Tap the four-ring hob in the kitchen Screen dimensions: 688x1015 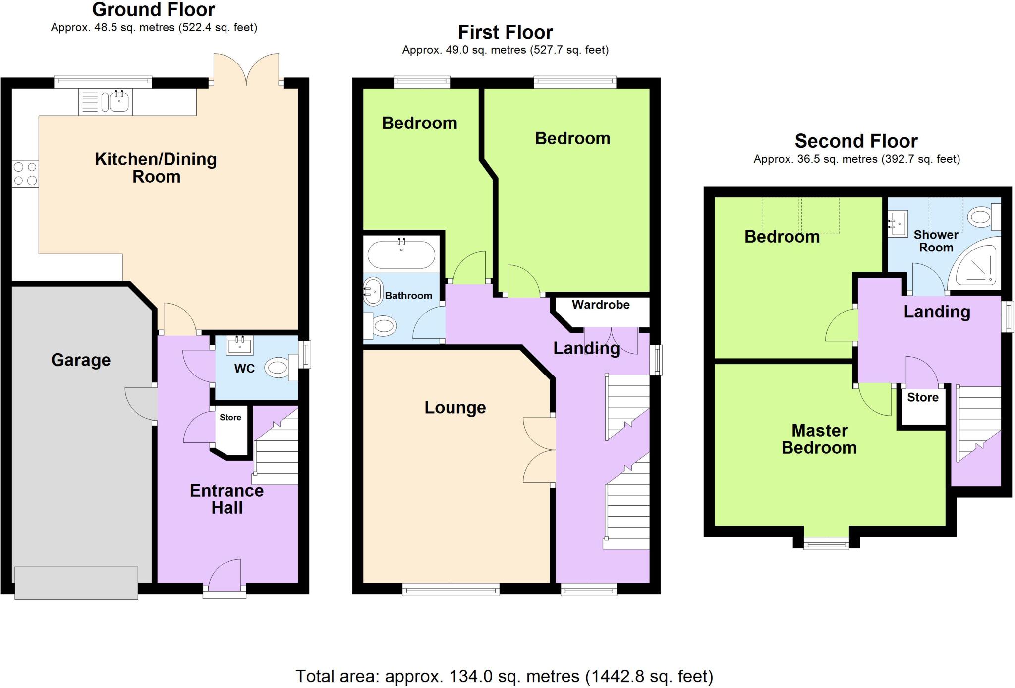25,174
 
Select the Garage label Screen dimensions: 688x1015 81,360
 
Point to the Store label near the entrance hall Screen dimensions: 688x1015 230,417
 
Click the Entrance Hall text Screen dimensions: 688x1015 226,499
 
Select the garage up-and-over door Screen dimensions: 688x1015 76,583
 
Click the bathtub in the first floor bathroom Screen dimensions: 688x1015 401,254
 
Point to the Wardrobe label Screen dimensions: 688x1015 601,305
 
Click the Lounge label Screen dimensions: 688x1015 455,407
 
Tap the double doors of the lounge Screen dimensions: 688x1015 539,450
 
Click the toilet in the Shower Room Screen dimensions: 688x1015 982,217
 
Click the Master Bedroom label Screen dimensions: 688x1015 819,439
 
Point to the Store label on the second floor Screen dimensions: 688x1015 923,397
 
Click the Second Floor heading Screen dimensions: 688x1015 856,141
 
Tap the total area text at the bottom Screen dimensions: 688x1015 504,676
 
